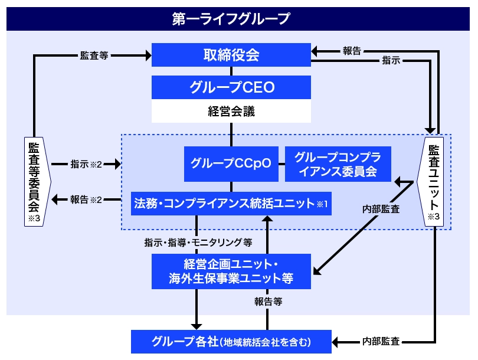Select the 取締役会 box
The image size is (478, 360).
point(231,55)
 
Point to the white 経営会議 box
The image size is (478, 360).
point(231,110)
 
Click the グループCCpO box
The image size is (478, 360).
point(231,163)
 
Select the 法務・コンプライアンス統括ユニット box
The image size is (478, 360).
point(231,204)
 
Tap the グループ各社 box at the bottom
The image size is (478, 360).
point(231,341)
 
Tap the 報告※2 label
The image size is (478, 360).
point(86,199)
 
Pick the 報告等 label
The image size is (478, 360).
point(269,302)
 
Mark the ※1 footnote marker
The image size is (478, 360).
point(322,204)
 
